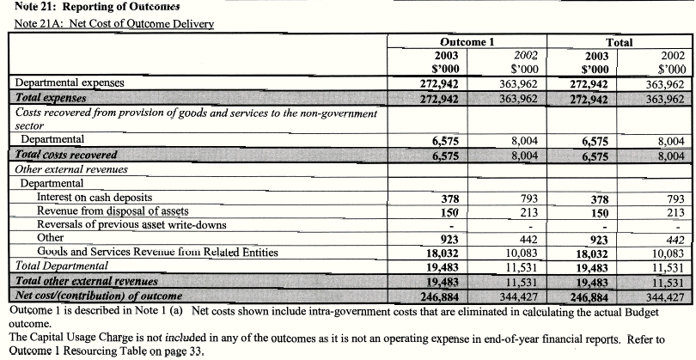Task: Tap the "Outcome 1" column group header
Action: [464, 41]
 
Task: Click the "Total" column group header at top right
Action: [619, 41]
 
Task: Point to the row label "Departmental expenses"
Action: [70, 83]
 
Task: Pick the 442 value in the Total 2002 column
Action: [672, 239]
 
